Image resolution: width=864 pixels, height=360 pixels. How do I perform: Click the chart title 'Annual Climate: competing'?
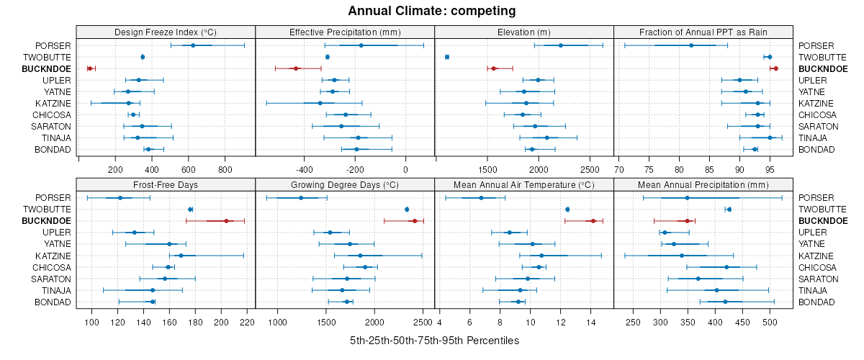(432, 11)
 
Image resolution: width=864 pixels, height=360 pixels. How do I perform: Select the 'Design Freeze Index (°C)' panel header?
(166, 32)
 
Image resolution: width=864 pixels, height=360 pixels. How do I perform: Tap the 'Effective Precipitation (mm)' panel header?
(345, 32)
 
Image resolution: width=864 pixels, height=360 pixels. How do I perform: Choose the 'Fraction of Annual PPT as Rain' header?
(703, 32)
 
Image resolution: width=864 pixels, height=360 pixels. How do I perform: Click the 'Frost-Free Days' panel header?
(166, 185)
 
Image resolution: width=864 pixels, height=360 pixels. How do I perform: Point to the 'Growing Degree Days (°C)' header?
(345, 185)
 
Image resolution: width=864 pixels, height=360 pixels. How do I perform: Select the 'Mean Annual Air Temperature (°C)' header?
(524, 185)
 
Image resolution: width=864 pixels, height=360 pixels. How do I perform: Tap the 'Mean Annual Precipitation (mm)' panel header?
(703, 185)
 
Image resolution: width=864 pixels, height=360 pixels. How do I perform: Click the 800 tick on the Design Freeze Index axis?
(225, 170)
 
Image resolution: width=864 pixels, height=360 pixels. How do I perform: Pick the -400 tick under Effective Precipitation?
(304, 170)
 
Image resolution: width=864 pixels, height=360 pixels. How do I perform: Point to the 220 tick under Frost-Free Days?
(246, 323)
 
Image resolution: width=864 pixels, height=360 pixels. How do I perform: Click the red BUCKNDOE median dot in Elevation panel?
(494, 68)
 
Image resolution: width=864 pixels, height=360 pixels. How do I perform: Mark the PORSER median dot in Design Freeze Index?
(193, 45)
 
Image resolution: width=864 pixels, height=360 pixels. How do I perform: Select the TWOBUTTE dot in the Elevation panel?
(447, 57)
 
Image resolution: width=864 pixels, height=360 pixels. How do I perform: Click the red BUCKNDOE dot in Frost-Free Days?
(226, 221)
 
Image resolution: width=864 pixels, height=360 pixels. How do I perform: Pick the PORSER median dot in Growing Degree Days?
(301, 198)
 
